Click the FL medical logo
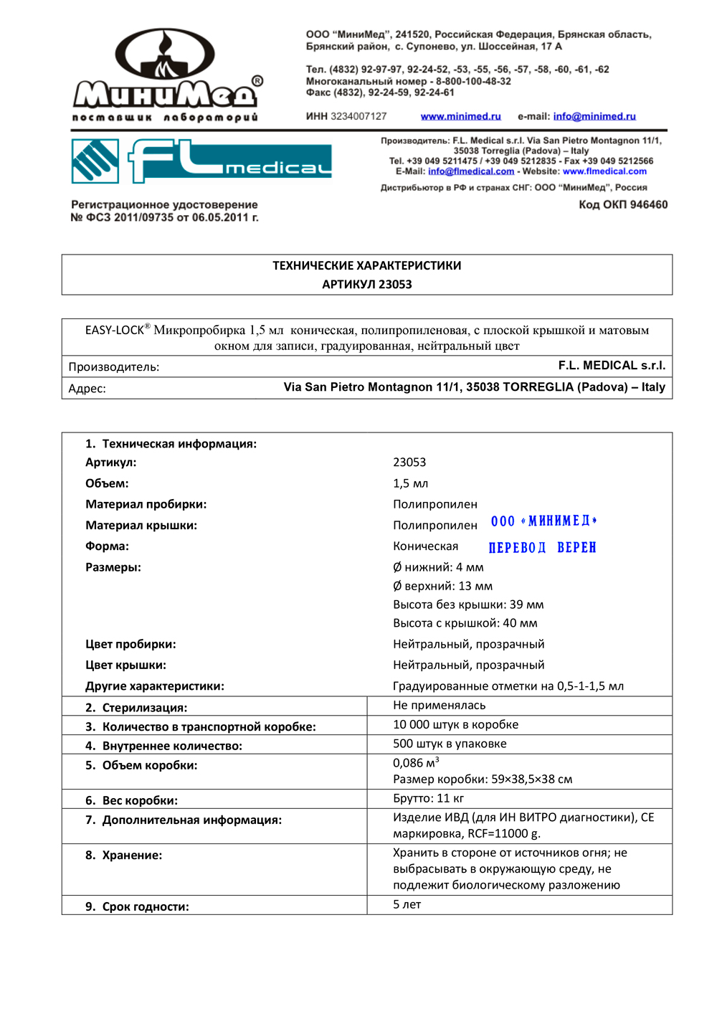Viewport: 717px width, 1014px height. pyautogui.click(x=201, y=161)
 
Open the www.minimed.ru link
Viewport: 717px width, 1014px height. pyautogui.click(x=460, y=116)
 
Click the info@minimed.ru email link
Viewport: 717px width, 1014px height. pyautogui.click(x=594, y=116)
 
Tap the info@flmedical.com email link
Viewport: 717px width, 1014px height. pyautogui.click(x=471, y=171)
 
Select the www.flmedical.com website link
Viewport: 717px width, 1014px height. pyautogui.click(x=604, y=171)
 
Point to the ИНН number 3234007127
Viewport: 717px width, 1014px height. pyautogui.click(x=358, y=116)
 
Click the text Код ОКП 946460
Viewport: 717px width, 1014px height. pyautogui.click(x=623, y=204)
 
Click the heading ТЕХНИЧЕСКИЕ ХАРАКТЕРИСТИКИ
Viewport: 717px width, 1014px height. pyautogui.click(x=366, y=265)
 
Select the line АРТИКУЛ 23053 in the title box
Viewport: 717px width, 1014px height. pyautogui.click(x=366, y=284)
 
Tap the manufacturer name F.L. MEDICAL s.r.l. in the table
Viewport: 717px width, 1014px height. pyautogui.click(x=612, y=366)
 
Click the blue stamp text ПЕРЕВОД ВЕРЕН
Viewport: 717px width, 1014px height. pyautogui.click(x=542, y=548)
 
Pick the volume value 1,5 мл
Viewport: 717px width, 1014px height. pyautogui.click(x=410, y=483)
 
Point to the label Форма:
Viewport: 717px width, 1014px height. pyautogui.click(x=108, y=546)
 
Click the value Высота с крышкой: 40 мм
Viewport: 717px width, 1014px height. pyautogui.click(x=465, y=623)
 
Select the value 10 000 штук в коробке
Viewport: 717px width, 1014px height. pyautogui.click(x=455, y=724)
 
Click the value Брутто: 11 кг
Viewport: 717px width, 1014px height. pyautogui.click(x=428, y=798)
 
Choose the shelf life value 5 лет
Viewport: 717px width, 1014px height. pyautogui.click(x=407, y=904)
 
